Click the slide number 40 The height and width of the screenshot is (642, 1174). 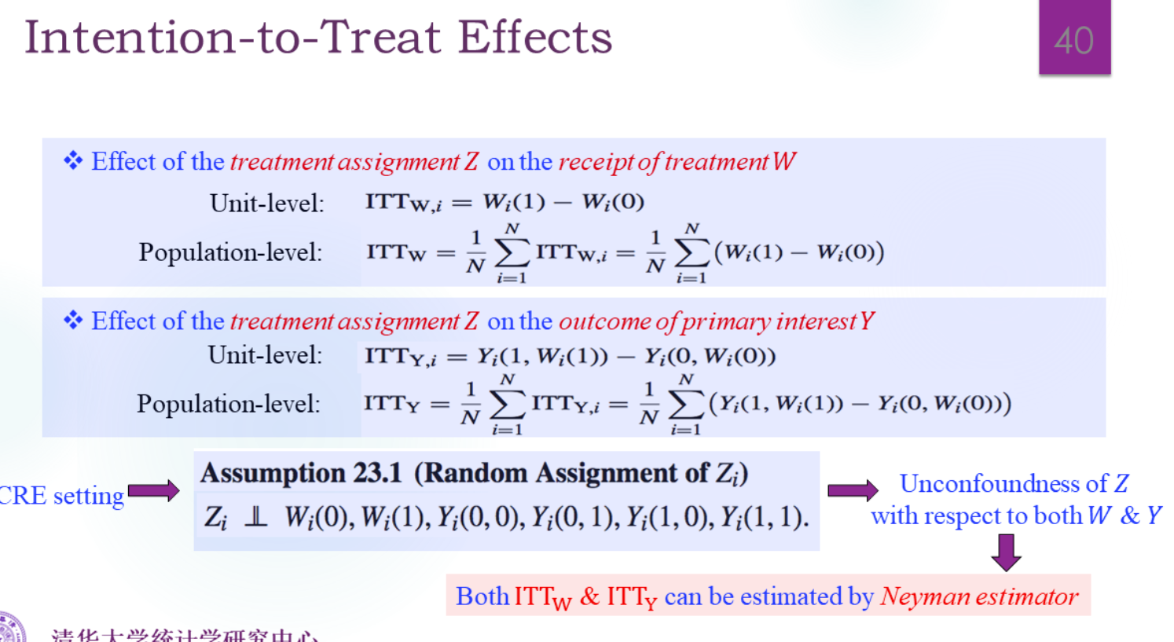tap(1073, 40)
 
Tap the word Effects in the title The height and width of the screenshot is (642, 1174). tap(534, 37)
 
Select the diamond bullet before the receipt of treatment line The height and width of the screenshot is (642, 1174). tap(73, 161)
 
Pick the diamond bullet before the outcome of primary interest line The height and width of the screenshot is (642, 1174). tap(73, 320)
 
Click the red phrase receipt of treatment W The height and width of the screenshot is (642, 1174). tap(677, 162)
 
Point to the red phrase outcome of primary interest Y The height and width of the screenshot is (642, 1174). tap(716, 321)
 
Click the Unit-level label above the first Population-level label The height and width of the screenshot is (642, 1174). tap(266, 204)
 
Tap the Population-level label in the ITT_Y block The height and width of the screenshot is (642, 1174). tap(228, 404)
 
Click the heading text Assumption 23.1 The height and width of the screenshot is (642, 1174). tap(301, 473)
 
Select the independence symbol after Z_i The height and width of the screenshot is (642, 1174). tap(255, 517)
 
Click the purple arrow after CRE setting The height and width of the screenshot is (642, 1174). tap(154, 491)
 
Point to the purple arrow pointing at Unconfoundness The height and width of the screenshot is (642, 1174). tap(853, 490)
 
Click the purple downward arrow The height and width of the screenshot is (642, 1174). tap(1006, 552)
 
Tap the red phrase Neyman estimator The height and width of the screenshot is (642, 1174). tap(979, 596)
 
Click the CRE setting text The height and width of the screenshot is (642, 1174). tap(61, 496)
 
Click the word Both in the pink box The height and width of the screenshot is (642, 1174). tap(482, 596)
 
